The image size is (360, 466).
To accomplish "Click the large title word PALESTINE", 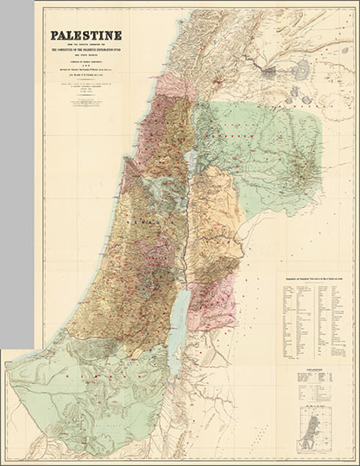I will (x=85, y=36).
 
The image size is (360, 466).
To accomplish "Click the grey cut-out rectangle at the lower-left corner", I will (x=17, y=405).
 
